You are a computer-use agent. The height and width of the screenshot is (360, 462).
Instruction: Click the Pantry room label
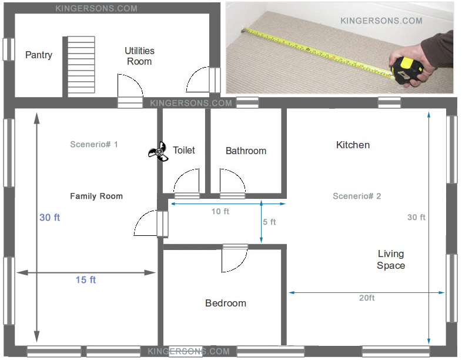39,55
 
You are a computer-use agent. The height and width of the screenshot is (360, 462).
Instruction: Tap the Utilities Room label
139,56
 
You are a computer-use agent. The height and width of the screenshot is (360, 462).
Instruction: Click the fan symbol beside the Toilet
158,152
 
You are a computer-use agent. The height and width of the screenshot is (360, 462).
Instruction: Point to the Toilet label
184,150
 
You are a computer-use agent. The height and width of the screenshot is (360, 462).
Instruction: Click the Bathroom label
246,151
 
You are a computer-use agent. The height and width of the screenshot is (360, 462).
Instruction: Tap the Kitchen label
353,145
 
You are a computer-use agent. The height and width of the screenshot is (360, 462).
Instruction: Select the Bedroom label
226,303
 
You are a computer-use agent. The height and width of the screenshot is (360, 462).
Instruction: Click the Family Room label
96,196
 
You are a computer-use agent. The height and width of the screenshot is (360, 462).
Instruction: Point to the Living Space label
391,259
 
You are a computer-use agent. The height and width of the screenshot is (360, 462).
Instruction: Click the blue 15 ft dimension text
86,279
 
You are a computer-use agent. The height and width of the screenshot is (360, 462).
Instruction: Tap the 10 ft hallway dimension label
220,211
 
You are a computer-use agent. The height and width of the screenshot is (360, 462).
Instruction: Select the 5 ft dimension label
269,222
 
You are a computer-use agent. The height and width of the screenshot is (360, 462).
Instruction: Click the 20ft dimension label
367,298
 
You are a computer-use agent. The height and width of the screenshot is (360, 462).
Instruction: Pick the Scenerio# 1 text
93,144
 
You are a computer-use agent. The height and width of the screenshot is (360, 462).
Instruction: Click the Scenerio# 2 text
357,196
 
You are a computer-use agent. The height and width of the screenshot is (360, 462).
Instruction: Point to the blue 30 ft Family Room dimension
49,217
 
